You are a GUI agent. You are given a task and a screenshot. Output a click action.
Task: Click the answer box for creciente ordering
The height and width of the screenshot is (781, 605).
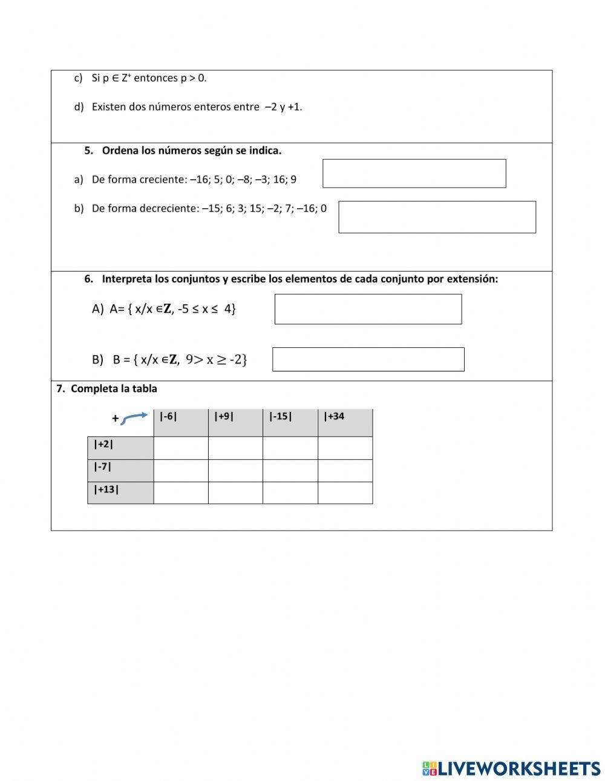coord(414,174)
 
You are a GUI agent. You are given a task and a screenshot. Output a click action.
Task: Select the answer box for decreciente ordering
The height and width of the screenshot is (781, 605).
coord(437,217)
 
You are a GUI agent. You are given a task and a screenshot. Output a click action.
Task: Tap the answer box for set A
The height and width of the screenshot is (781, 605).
coord(368,309)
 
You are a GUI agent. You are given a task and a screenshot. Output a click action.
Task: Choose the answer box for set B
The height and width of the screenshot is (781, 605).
coord(368,359)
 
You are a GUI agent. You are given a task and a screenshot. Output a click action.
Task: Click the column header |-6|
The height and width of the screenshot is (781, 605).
coord(180,422)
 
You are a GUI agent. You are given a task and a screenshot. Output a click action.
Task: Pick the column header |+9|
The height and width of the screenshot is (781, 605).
coord(235,422)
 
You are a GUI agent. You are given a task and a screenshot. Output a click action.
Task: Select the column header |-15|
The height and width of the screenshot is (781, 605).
coord(290,422)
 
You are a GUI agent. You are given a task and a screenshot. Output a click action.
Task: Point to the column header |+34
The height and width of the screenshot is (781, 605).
coord(345,422)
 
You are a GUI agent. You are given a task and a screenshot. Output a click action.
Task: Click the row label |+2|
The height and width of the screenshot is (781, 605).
coord(120,448)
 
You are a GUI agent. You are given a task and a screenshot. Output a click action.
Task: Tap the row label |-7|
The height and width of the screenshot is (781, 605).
coord(120,470)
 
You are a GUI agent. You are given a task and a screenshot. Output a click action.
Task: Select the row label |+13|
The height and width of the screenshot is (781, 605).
coord(120,492)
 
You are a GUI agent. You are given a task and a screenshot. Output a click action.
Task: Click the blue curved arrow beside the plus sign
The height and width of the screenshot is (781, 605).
coord(134,418)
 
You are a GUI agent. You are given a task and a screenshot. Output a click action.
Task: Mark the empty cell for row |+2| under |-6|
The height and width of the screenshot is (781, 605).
coord(180,448)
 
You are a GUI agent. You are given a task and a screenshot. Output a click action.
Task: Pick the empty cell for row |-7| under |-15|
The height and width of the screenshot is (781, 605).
coord(290,471)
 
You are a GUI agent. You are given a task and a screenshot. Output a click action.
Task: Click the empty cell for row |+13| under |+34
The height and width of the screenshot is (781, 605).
coord(345,493)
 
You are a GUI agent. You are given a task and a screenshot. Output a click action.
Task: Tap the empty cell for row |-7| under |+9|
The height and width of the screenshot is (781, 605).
coord(235,471)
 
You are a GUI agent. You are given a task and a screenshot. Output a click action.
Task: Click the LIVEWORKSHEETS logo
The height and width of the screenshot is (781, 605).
coord(511,768)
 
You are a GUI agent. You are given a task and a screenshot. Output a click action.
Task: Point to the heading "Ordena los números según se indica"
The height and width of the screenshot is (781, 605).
coord(191,151)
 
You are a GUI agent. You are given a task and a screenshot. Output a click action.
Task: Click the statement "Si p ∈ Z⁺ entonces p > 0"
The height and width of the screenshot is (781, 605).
coord(149,78)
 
